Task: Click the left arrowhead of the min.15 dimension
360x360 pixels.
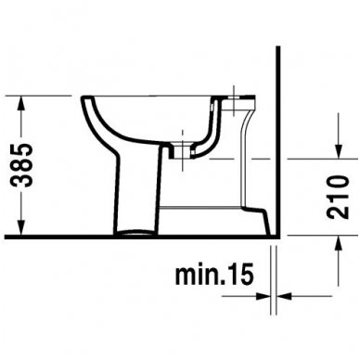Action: [267, 298]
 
